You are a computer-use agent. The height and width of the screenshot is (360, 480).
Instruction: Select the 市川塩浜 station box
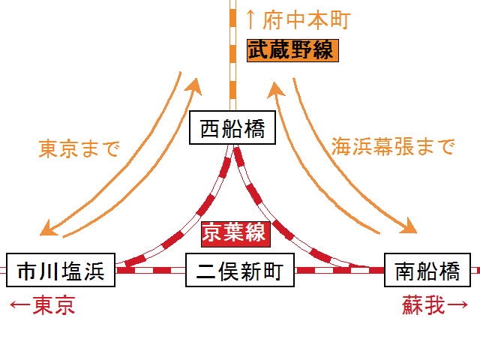(x=61, y=271)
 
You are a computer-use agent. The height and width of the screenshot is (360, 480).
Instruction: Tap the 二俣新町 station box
(x=240, y=271)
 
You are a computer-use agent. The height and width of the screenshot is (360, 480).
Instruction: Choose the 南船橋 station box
(x=427, y=271)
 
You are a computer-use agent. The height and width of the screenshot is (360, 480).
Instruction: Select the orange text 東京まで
(x=79, y=148)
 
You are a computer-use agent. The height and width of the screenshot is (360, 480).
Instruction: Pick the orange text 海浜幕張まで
(x=393, y=147)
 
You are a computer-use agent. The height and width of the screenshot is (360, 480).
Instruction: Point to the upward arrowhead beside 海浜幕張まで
(x=274, y=90)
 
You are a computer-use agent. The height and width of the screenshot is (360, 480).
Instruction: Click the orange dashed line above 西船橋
(x=232, y=75)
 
